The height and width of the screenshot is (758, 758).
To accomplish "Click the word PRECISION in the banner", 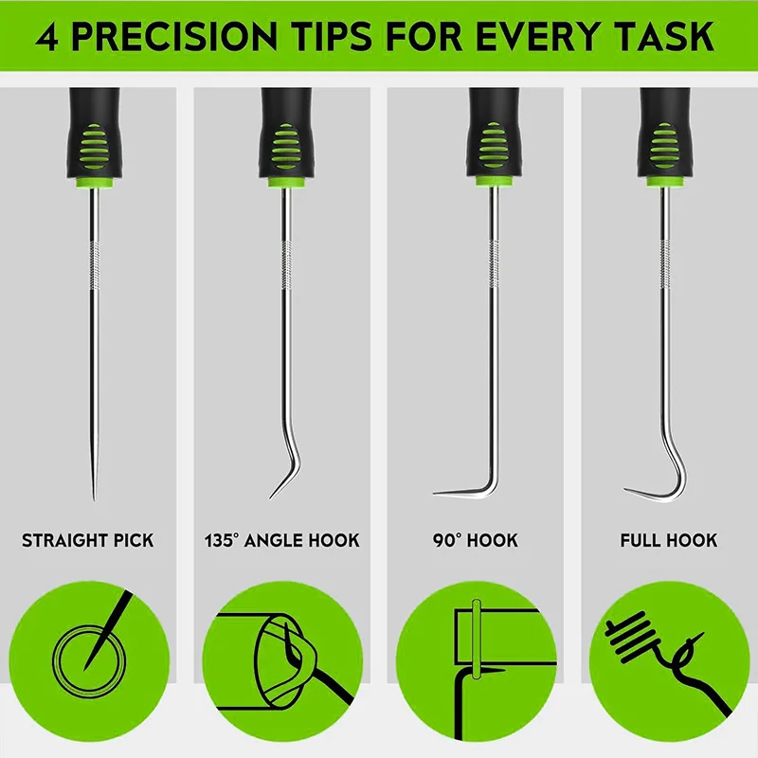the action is click(x=174, y=36).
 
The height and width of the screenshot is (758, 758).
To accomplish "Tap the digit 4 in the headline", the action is click(x=46, y=37).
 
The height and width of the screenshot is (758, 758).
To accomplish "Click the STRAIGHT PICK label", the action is click(x=87, y=540).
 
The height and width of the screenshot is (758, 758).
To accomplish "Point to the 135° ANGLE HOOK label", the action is click(x=281, y=540).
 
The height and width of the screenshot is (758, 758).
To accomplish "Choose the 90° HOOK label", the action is click(x=476, y=540).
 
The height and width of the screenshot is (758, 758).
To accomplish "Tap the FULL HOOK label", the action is click(x=669, y=540).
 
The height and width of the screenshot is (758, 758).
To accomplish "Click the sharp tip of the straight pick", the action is click(x=94, y=499).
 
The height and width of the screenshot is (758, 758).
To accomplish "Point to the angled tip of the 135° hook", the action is click(x=271, y=497).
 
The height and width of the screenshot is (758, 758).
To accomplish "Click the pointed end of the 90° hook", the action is click(x=435, y=493).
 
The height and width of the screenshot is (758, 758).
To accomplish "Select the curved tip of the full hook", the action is click(x=625, y=489).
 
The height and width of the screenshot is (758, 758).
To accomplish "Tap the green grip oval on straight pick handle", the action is click(x=93, y=146).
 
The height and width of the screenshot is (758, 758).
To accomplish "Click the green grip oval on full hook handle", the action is click(x=664, y=146).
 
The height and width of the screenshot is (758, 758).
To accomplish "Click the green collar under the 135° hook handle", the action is click(x=287, y=182).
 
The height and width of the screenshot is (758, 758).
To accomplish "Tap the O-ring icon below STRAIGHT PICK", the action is click(x=89, y=661).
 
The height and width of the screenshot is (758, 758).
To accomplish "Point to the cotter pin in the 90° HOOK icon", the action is click(x=477, y=639).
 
